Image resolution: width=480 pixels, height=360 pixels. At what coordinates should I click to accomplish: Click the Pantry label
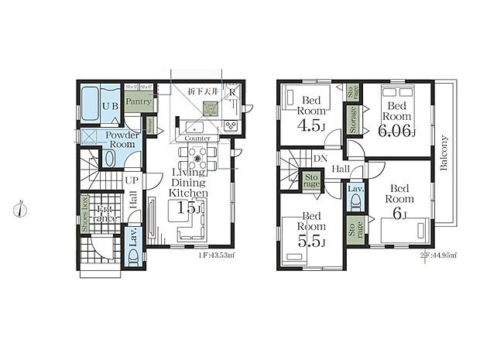coord(138,101)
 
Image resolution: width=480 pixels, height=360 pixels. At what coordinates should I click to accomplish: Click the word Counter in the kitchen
coord(198,138)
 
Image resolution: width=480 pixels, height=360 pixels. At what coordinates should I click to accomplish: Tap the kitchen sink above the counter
coord(194,126)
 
